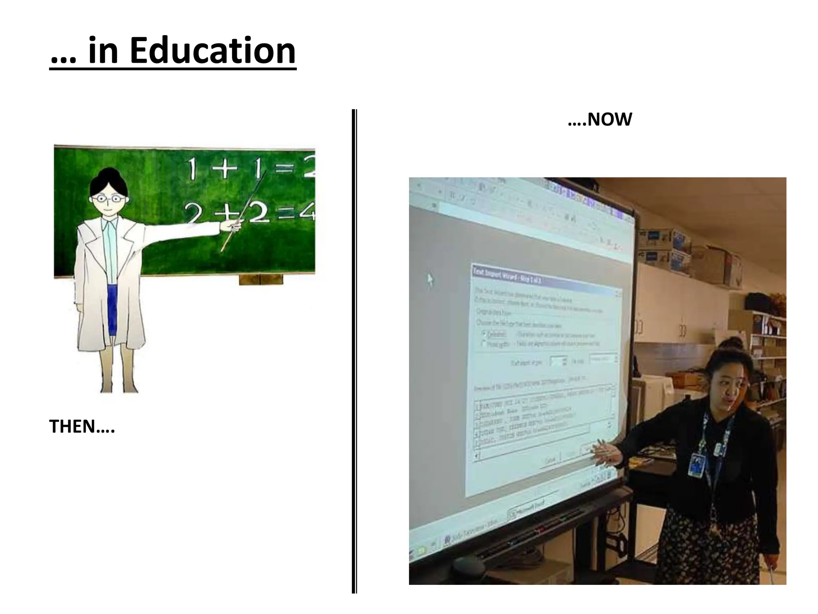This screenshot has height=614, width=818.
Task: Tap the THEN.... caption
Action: pos(82,427)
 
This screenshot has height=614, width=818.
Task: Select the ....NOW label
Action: pos(600,120)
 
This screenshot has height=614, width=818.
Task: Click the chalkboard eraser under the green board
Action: pos(261,279)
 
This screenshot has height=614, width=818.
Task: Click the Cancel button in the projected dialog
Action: pos(550,460)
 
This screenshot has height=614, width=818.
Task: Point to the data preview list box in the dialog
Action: pos(543,424)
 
